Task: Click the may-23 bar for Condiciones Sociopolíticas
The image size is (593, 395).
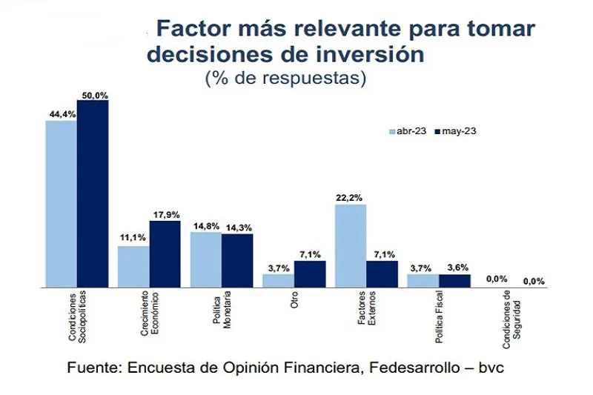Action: point(93,193)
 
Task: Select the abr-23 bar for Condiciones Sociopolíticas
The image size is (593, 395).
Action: point(61,203)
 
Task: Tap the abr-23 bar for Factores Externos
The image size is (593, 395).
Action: point(351,245)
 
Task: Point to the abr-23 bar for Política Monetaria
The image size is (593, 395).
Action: point(206,259)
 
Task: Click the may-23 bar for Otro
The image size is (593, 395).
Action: point(310,273)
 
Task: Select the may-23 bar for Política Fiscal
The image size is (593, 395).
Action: point(454,280)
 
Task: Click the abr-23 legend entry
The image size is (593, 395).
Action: point(406,131)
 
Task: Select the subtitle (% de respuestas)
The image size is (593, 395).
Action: point(285,78)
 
